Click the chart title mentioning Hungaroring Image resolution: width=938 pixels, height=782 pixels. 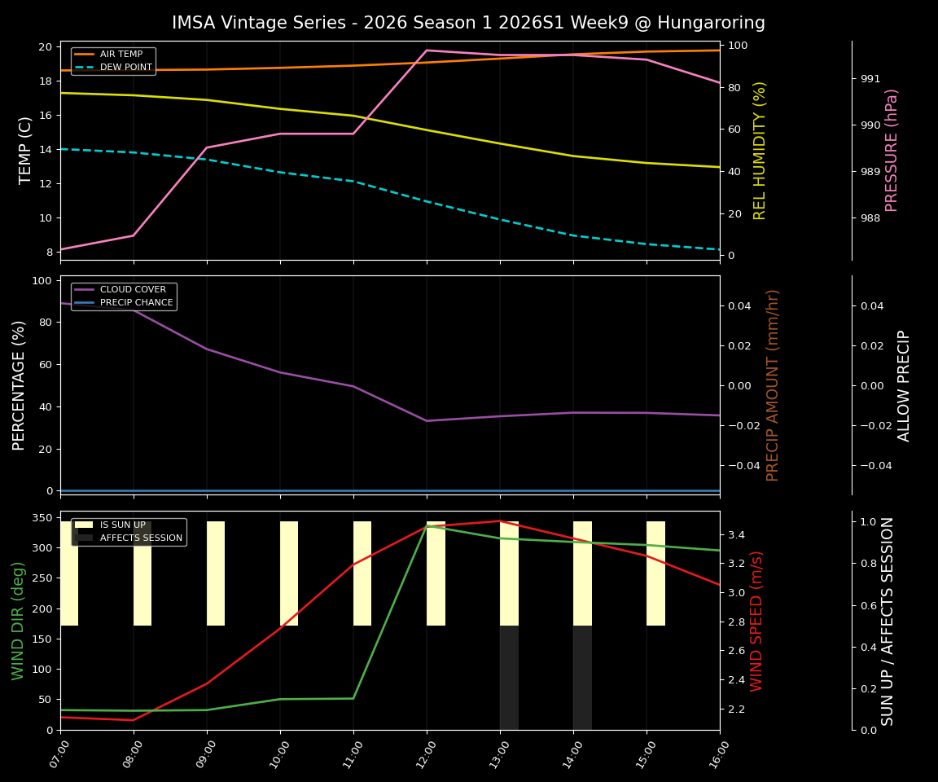click(468, 23)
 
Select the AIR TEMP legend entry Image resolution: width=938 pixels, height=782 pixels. click(121, 55)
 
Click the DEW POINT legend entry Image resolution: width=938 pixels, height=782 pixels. click(125, 68)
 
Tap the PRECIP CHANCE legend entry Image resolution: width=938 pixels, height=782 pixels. click(136, 303)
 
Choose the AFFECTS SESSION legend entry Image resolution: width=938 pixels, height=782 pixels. click(141, 538)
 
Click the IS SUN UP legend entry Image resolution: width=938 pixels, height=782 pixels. click(122, 525)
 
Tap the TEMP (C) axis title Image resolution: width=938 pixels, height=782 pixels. click(26, 150)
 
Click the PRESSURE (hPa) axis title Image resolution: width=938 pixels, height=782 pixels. click(892, 150)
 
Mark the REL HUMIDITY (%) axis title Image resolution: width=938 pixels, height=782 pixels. click(760, 150)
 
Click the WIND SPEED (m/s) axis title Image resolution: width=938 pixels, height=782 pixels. click(756, 621)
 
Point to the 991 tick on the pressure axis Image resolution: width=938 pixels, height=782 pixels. click(870, 79)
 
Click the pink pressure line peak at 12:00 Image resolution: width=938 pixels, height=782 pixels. click(427, 51)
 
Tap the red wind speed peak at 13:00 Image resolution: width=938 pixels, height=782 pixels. click(499, 521)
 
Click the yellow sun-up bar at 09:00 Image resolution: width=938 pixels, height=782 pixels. click(216, 573)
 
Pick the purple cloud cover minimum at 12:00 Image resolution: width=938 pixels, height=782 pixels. click(427, 421)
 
